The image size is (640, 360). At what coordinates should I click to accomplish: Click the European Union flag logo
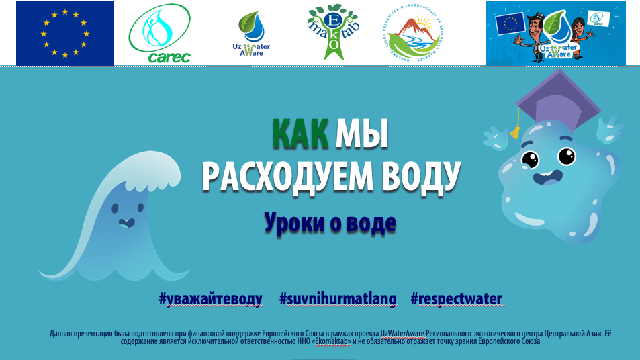click(65, 33)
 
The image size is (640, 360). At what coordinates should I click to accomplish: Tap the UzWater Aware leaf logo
click(250, 34)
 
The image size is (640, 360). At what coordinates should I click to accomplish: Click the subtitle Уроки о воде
click(330, 222)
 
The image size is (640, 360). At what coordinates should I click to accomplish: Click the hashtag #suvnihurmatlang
click(337, 299)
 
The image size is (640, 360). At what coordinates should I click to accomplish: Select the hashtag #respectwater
click(456, 299)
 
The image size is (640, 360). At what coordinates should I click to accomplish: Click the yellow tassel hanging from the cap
click(516, 130)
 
